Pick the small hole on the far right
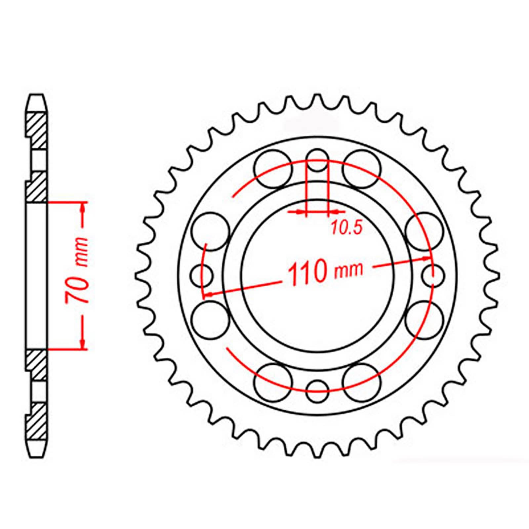click(433, 275)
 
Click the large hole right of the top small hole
click(361, 169)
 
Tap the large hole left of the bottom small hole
click(273, 383)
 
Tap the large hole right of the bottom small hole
click(361, 383)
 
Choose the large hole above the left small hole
click(211, 231)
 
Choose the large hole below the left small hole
click(211, 320)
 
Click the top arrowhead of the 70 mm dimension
click(83, 207)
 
